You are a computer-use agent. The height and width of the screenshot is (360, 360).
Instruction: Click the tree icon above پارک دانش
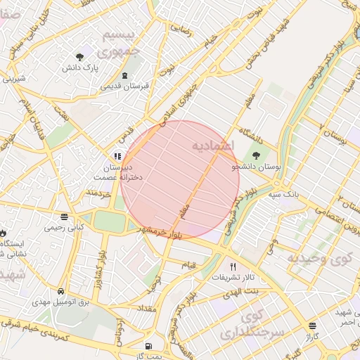(x=79, y=56)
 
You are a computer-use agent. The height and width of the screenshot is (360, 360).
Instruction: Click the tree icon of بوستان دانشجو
(x=255, y=156)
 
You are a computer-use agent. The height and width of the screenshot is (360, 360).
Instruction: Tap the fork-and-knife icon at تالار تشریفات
(x=233, y=266)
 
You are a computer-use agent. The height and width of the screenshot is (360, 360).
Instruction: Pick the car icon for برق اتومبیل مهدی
(x=61, y=290)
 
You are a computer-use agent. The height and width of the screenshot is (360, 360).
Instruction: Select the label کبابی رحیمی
(x=64, y=227)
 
